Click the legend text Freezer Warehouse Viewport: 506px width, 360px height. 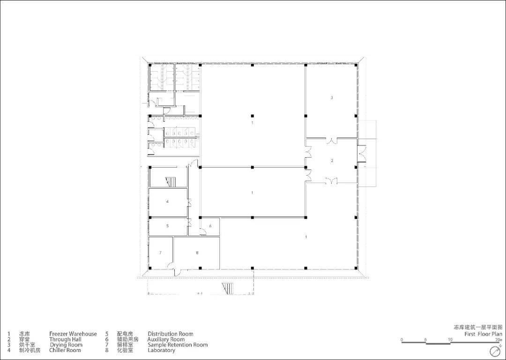point(73,334)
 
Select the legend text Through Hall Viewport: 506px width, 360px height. point(65,339)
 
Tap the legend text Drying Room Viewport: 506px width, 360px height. point(66,345)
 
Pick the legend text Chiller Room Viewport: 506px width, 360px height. point(65,350)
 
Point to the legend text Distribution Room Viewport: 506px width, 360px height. point(171,334)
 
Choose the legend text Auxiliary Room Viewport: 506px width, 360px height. point(166,339)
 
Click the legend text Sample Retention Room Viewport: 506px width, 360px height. point(178,345)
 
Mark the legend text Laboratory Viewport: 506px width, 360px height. point(161,350)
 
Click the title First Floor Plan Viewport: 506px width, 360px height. point(484,334)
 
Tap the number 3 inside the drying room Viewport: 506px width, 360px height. point(331,98)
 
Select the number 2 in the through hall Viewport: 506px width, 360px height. point(332,161)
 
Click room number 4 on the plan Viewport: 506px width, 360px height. point(167,202)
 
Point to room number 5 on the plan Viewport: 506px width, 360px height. point(167,226)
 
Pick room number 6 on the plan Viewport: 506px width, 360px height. point(210,226)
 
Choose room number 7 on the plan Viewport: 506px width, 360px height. point(160,253)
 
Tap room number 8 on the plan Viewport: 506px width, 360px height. point(197,253)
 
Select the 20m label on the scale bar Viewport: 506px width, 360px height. point(499,339)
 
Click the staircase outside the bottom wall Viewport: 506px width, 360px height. point(228,288)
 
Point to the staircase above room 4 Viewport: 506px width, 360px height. point(171,182)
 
